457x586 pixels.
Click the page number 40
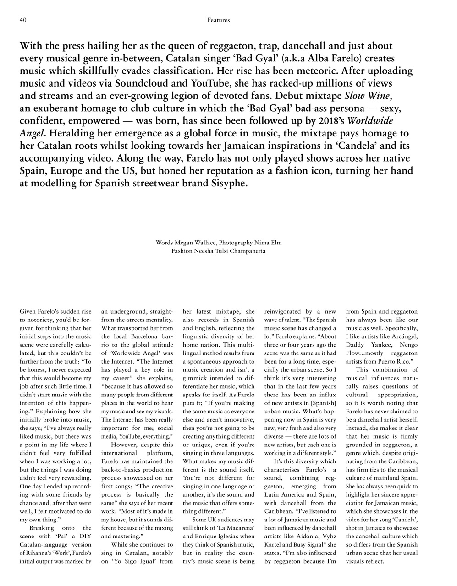23,20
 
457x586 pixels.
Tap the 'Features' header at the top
219,20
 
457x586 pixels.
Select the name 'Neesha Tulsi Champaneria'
229,251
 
